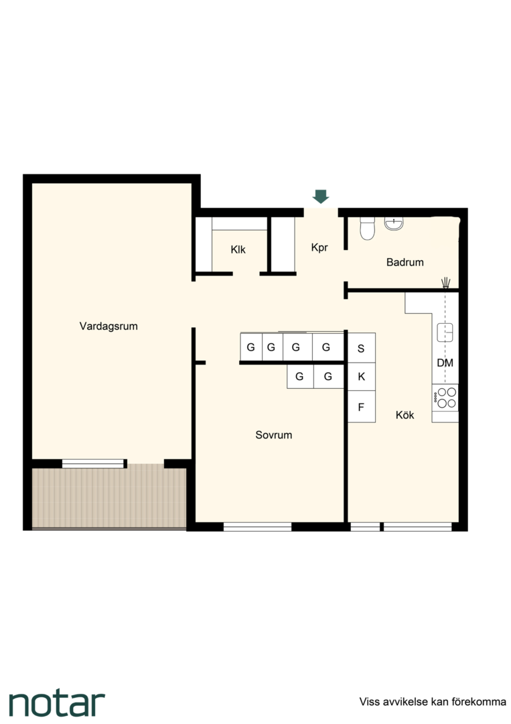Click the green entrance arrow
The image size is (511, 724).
pyautogui.click(x=321, y=196)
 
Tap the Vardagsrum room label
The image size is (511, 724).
pyautogui.click(x=108, y=326)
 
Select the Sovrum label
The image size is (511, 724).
pyautogui.click(x=273, y=435)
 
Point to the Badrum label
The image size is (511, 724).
pyautogui.click(x=405, y=262)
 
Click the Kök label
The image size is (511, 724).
pyautogui.click(x=405, y=415)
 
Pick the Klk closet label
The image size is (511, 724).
pyautogui.click(x=238, y=250)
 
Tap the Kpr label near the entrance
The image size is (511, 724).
pyautogui.click(x=319, y=247)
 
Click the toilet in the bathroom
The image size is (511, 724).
pyautogui.click(x=368, y=229)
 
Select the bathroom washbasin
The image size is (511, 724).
pyautogui.click(x=394, y=223)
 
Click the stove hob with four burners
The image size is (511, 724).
pyautogui.click(x=445, y=398)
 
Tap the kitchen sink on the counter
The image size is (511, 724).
pyautogui.click(x=445, y=333)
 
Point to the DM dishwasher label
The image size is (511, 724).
pyautogui.click(x=445, y=363)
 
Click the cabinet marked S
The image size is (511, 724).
pyautogui.click(x=361, y=348)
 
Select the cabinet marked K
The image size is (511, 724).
pyautogui.click(x=361, y=377)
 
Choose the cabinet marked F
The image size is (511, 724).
pyautogui.click(x=361, y=407)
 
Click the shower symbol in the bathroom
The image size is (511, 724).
pyautogui.click(x=445, y=282)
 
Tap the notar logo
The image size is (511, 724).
pyautogui.click(x=57, y=704)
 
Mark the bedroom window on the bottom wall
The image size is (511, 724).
pyautogui.click(x=257, y=526)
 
